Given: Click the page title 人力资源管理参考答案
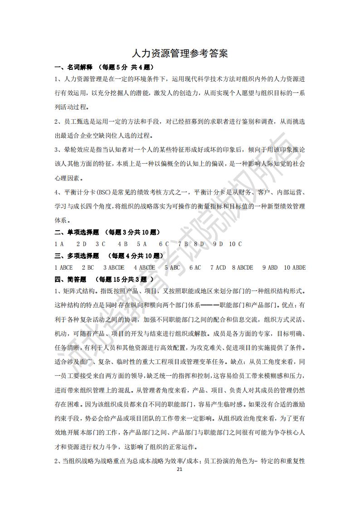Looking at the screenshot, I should click(x=180, y=53).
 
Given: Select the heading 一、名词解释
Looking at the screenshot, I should click(x=73, y=68).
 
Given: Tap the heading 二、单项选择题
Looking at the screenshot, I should click(x=77, y=233).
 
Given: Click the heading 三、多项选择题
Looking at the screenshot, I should click(x=77, y=256).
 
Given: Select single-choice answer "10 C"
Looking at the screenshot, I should click(x=235, y=244).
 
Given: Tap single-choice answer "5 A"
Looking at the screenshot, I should click(x=142, y=244).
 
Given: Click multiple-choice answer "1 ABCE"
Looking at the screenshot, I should click(x=63, y=268).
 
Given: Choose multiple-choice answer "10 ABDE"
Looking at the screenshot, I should click(x=295, y=268).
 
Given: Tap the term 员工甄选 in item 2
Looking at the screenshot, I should click(x=74, y=122).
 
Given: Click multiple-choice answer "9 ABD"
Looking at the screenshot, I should click(x=270, y=268).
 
